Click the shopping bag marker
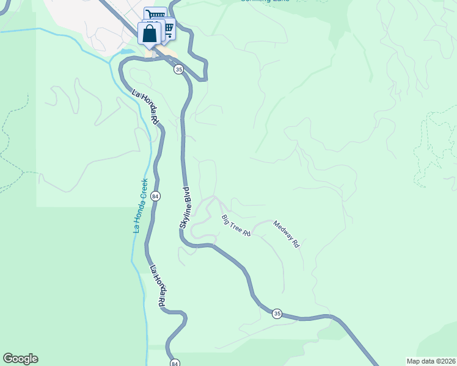149,34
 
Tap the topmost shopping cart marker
155,15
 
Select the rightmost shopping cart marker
166,28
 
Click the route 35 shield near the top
178,70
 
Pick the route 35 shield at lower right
277,314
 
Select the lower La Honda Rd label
158,285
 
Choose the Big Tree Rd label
236,226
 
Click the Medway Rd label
286,234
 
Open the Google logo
20,359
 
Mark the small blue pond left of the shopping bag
128,51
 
